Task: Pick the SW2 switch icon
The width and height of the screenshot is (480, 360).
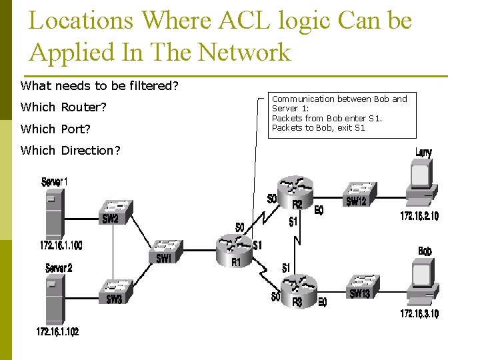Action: (115, 208)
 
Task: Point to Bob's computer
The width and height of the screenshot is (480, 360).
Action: (423, 283)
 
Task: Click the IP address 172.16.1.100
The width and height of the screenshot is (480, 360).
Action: (61, 246)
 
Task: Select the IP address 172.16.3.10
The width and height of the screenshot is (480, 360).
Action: (419, 314)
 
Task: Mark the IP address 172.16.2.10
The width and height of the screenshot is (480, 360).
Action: (419, 216)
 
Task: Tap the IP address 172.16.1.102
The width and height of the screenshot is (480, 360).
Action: (58, 331)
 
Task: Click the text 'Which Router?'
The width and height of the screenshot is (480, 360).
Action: (64, 107)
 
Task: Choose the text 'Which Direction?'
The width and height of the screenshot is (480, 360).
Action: (71, 151)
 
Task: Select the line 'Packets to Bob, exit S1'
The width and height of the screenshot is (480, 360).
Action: (319, 127)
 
